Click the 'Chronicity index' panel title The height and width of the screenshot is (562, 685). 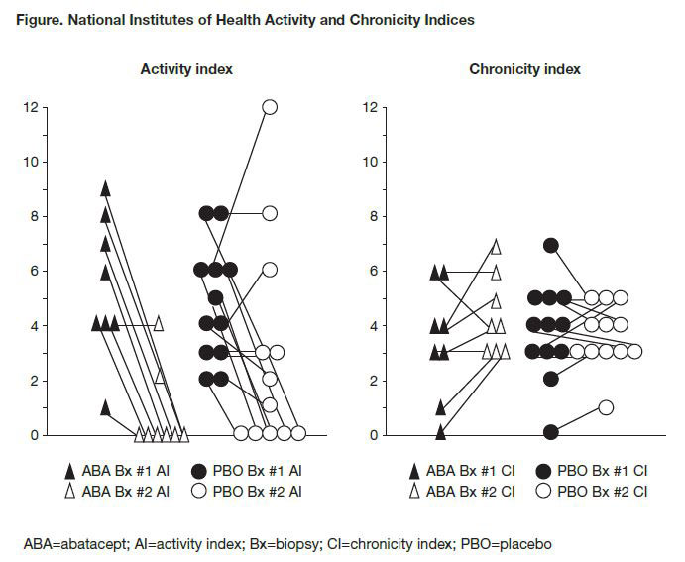click(524, 69)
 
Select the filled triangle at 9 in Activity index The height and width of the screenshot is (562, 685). click(106, 187)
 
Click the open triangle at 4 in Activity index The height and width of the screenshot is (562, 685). click(160, 322)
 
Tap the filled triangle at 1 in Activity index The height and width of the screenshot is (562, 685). click(106, 406)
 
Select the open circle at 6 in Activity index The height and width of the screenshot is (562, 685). click(270, 269)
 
